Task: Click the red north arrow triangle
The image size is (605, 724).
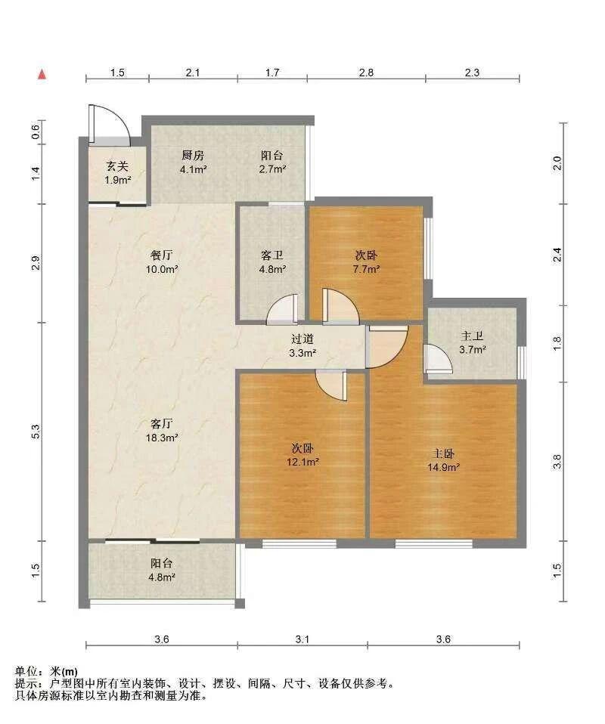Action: [x=42, y=74]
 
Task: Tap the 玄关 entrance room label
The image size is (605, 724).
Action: [x=117, y=166]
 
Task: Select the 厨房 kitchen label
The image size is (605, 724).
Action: [x=193, y=156]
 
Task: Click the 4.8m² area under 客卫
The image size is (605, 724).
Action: [x=273, y=269]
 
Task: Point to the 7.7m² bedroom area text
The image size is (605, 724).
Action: [x=367, y=269]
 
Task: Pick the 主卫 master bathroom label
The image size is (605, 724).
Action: [x=472, y=336]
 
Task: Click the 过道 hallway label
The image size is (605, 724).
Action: [x=302, y=339]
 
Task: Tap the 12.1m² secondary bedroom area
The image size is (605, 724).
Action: [x=303, y=462]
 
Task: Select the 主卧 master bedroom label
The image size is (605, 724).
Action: [x=442, y=454]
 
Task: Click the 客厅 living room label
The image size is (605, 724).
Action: [x=162, y=423]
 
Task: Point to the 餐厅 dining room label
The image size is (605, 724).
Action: [x=162, y=255]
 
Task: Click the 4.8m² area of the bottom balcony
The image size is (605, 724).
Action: [x=162, y=577]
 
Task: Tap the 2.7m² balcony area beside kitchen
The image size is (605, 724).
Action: [x=272, y=169]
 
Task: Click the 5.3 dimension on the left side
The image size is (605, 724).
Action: [x=36, y=432]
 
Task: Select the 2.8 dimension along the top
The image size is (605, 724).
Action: [x=366, y=73]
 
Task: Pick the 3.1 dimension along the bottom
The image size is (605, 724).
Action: [x=302, y=639]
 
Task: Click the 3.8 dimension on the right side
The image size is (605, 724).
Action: [x=557, y=461]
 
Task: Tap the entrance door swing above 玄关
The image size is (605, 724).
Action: [x=110, y=122]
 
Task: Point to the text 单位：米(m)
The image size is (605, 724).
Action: [x=46, y=671]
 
